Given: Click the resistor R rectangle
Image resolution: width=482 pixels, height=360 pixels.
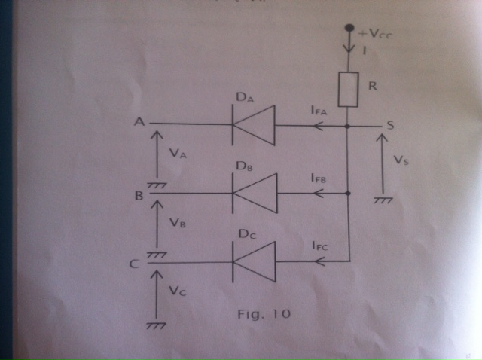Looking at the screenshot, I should click(348, 90).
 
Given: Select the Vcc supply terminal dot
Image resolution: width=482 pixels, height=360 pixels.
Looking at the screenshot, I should click(348, 30).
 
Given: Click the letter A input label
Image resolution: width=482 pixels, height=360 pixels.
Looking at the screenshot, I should click(139, 121).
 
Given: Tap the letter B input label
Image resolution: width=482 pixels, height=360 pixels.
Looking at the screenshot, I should click(139, 196).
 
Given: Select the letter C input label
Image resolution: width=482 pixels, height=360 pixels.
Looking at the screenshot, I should click(134, 264).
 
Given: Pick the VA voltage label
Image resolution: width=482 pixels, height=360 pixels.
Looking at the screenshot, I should click(178, 152).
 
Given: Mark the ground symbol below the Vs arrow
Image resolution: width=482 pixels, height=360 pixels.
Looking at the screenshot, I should click(383, 200).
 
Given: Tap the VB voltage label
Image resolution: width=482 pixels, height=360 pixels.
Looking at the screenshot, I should click(178, 224).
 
